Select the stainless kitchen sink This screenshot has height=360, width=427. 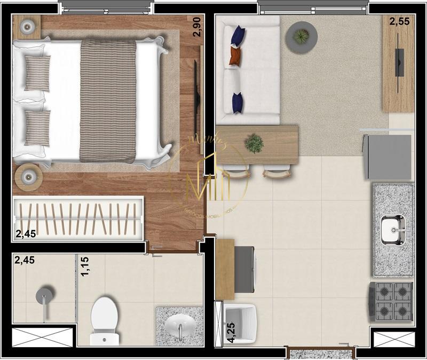click(393, 230)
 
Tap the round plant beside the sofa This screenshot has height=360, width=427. click(302, 37)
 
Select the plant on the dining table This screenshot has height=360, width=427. click(254, 143)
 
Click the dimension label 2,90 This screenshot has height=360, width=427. click(197, 26)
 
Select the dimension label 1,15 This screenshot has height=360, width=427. click(84, 267)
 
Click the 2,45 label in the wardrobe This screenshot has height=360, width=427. click(25, 233)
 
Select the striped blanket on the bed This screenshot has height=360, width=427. click(108, 101)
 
